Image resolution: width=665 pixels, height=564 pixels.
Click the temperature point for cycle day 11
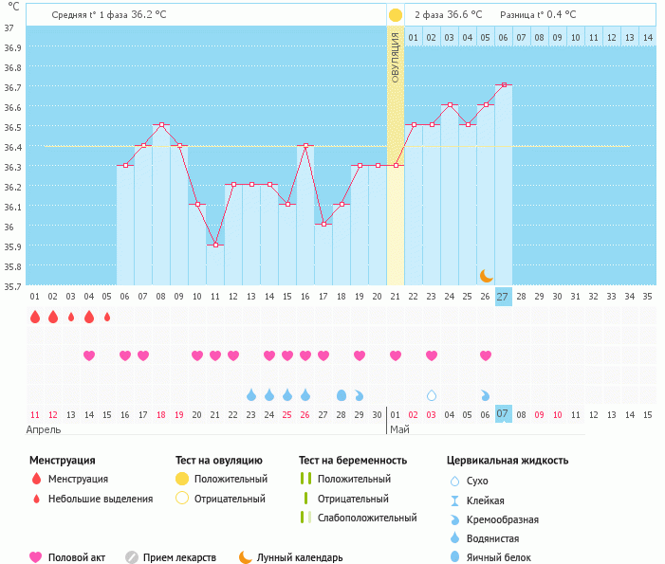coord(215,245)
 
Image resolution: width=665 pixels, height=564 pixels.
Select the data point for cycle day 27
coord(504,85)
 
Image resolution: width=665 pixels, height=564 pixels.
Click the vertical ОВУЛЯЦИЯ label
coord(396,56)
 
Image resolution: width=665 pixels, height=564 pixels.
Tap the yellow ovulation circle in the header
coord(396,15)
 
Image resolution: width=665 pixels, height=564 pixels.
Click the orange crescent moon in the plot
coord(486,275)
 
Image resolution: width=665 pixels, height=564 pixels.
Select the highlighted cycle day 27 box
coord(504,296)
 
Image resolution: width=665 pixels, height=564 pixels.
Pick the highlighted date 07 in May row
coord(504,414)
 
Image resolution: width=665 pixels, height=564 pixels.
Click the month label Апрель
coord(45,429)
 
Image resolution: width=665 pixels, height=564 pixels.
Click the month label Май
coord(399,429)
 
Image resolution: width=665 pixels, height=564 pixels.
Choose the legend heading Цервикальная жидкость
coord(508,461)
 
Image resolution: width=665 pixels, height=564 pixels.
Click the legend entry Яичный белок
coord(498,558)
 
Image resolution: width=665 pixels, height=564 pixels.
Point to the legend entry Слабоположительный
coord(367,519)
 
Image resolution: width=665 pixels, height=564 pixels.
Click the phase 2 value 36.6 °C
coord(448,15)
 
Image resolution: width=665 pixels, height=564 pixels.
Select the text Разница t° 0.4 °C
coord(538,15)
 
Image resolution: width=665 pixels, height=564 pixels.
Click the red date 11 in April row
coord(35,414)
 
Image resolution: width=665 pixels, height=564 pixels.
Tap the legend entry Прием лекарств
coord(179,558)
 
